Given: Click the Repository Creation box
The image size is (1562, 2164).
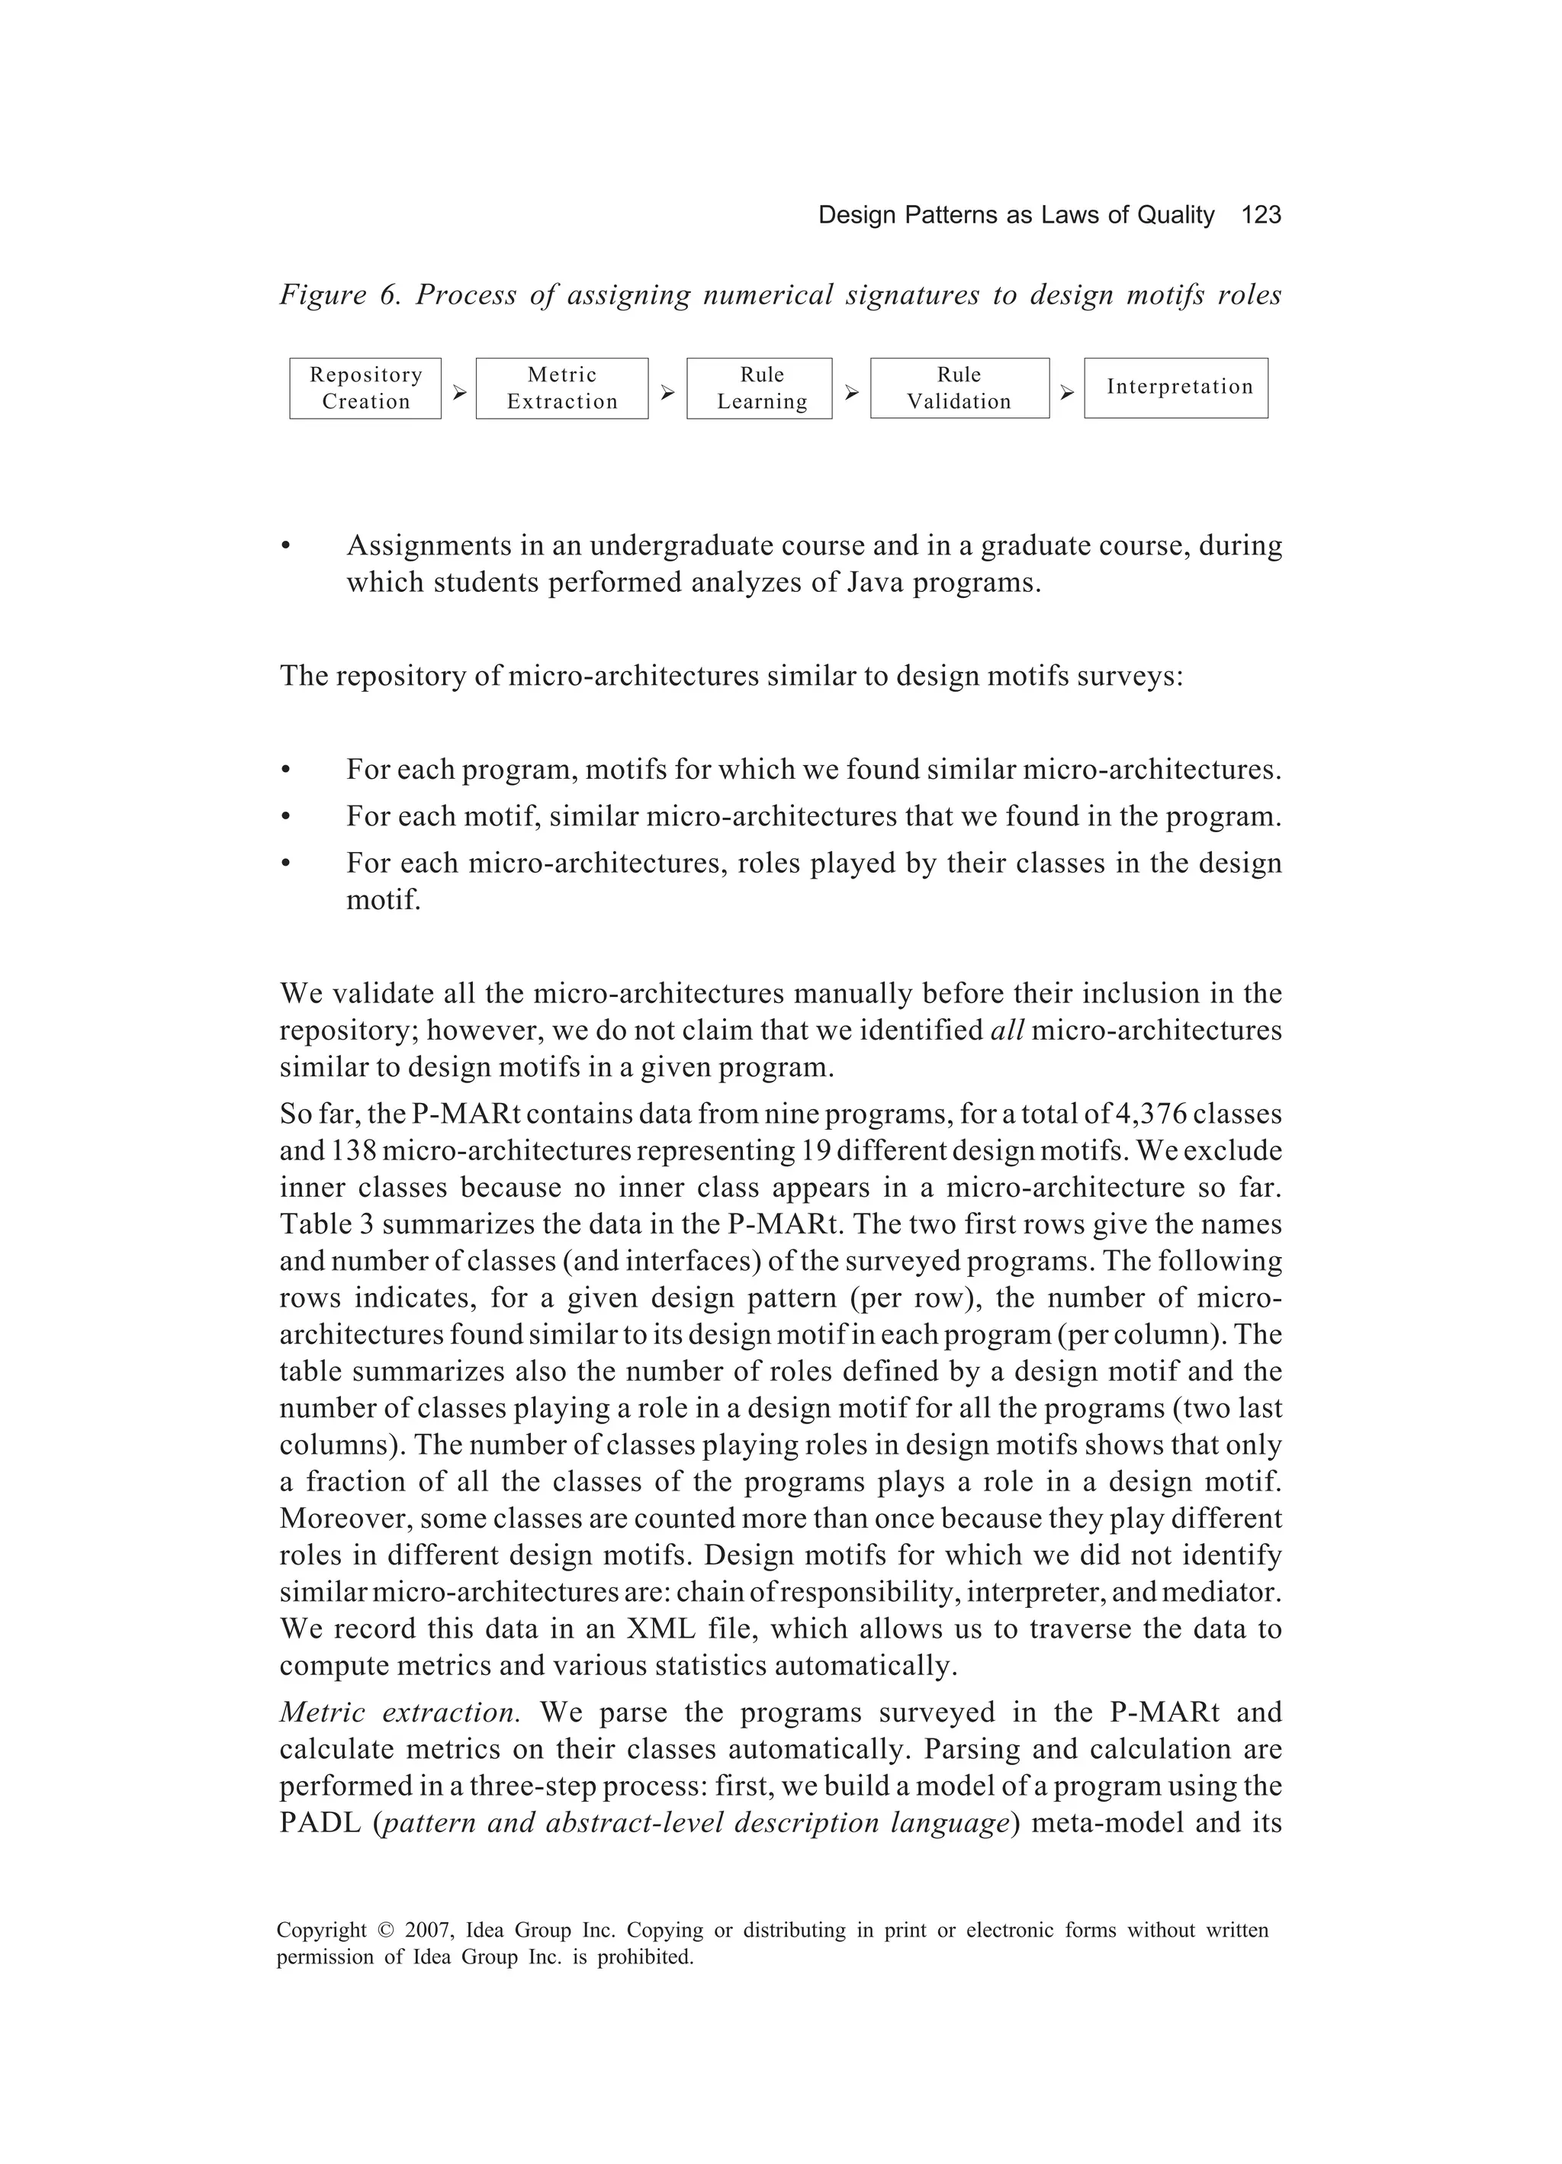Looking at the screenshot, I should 365,388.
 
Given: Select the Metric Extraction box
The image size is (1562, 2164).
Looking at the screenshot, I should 562,388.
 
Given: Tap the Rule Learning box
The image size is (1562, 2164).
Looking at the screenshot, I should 760,388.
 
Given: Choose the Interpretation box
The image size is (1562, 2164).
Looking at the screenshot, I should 1177,387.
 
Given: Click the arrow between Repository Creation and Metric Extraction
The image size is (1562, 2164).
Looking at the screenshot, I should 459,392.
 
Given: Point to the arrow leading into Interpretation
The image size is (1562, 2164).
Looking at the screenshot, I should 1067,392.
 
